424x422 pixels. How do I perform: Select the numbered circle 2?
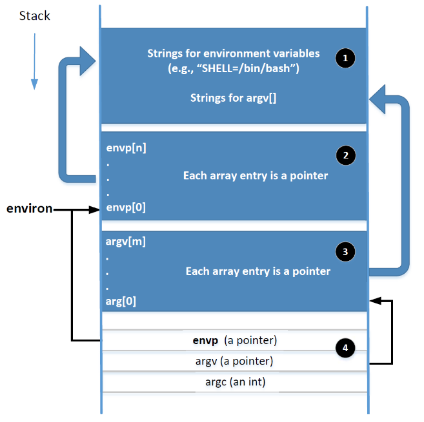pyautogui.click(x=345, y=155)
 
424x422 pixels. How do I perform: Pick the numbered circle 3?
pyautogui.click(x=345, y=251)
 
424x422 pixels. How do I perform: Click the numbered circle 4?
pyautogui.click(x=345, y=348)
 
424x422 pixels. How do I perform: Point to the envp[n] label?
pyautogui.click(x=126, y=148)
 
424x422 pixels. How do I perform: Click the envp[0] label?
pyautogui.click(x=126, y=208)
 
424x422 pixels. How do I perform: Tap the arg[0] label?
pyautogui.click(x=121, y=301)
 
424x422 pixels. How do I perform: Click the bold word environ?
pyautogui.click(x=29, y=209)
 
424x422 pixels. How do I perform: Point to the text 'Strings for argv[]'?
pyautogui.click(x=233, y=98)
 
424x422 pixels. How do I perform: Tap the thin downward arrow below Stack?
pyautogui.click(x=34, y=61)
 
